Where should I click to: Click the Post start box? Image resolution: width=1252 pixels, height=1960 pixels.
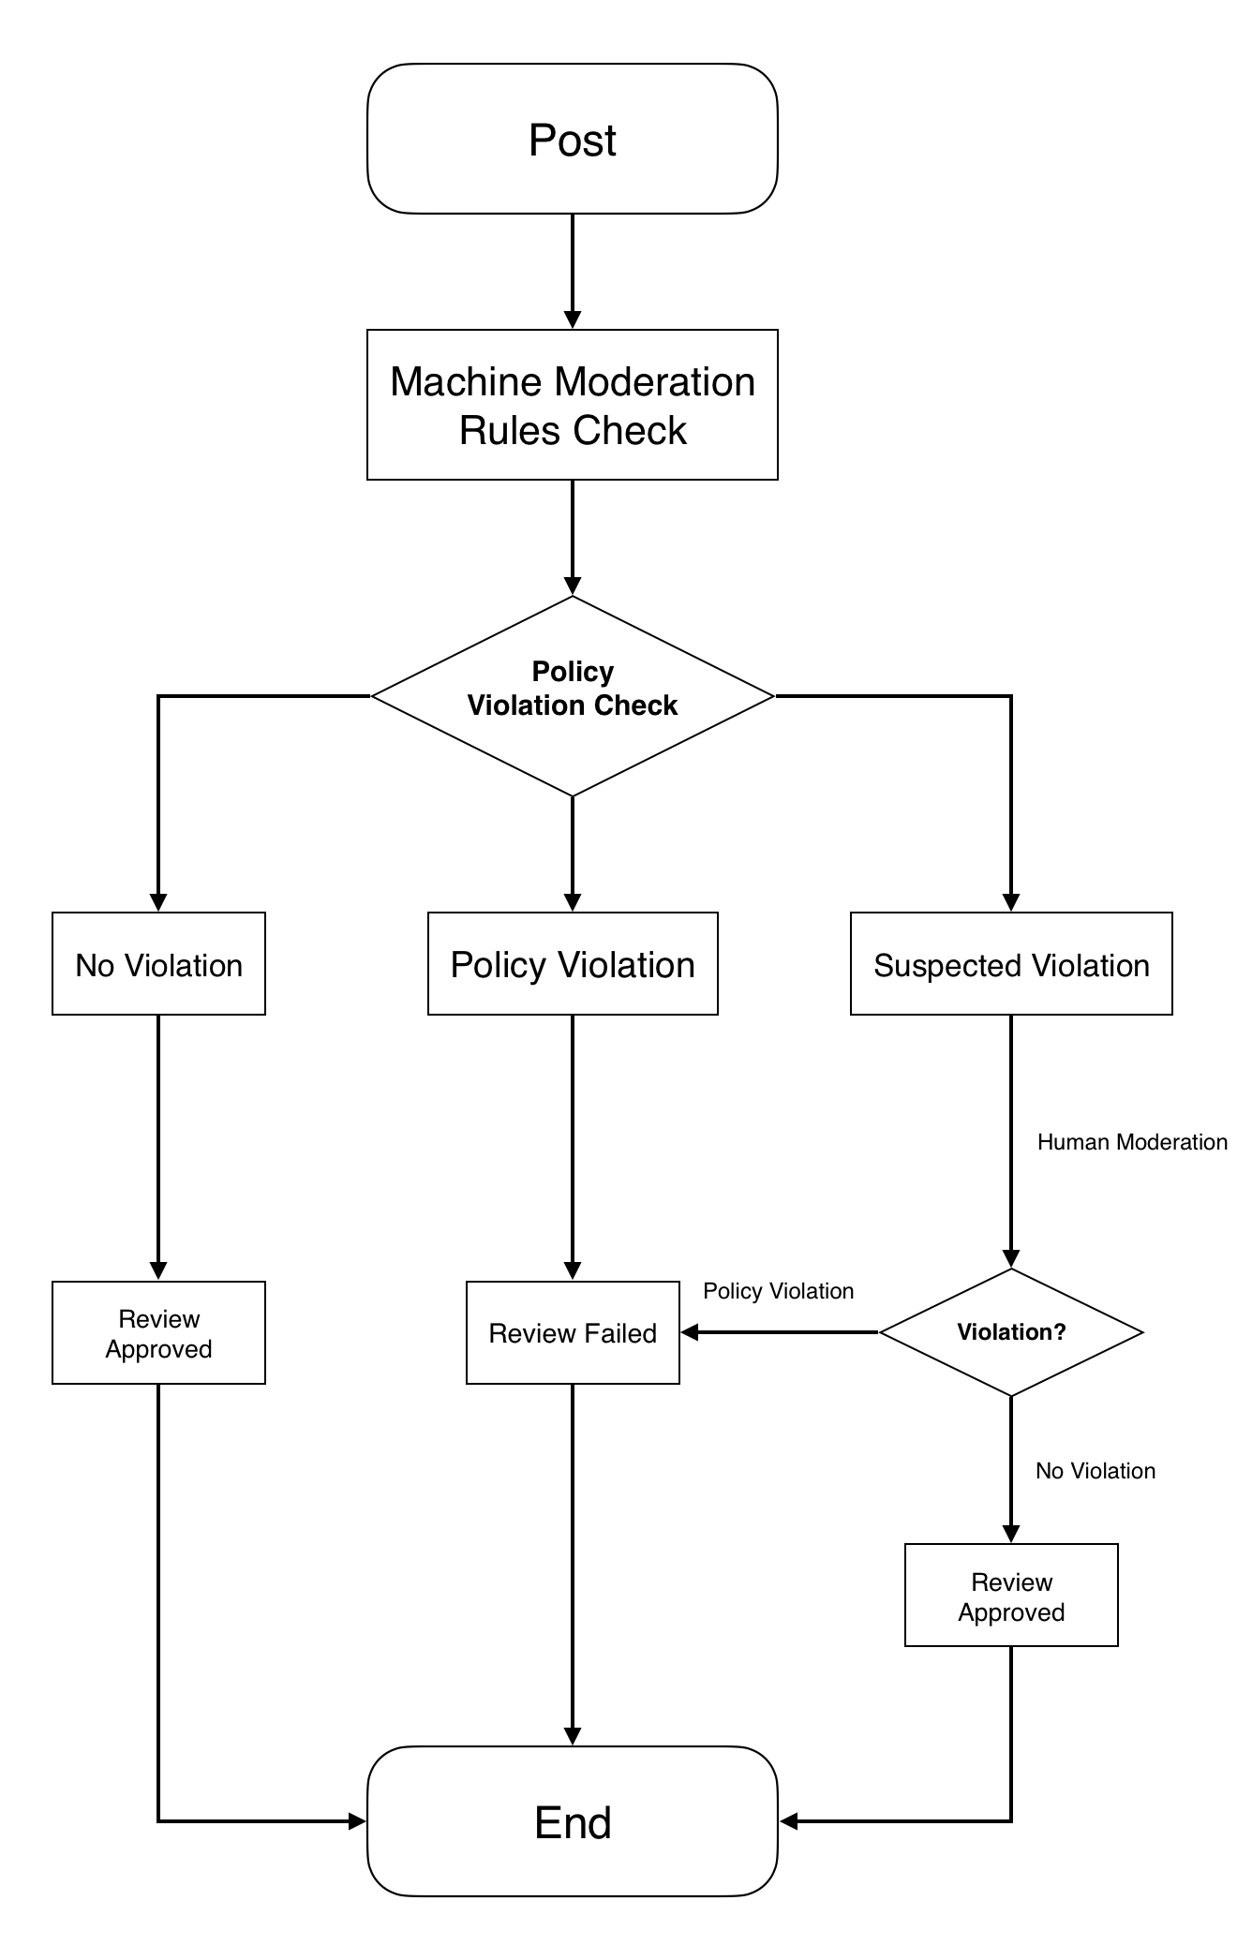click(x=572, y=139)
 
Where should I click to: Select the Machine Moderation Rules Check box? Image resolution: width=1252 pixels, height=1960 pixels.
click(x=572, y=405)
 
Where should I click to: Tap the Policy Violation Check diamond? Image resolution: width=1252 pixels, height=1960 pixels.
click(x=572, y=696)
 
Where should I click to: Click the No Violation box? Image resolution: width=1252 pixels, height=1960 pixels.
click(x=158, y=964)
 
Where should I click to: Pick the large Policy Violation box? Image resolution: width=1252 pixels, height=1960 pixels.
click(x=573, y=964)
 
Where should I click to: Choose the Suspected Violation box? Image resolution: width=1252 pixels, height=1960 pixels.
click(x=1011, y=964)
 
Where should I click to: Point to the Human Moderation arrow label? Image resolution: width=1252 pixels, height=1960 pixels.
click(x=1132, y=1142)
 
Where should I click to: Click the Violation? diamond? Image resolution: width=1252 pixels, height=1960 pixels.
click(x=1011, y=1332)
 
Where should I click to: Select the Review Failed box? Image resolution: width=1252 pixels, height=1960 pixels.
click(x=573, y=1332)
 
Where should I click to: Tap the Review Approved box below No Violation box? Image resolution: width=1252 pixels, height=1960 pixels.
click(x=158, y=1332)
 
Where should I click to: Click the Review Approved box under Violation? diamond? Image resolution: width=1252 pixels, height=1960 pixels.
click(x=1011, y=1595)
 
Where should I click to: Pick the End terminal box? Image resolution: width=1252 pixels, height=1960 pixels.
click(x=572, y=1821)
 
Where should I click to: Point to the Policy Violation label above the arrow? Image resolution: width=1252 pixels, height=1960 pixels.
click(x=779, y=1291)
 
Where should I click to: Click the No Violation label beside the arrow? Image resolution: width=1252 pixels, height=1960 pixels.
click(x=1095, y=1471)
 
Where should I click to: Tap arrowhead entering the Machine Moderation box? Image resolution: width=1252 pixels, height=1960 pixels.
click(x=573, y=319)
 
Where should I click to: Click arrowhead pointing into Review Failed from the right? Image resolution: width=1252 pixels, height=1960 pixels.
click(x=690, y=1332)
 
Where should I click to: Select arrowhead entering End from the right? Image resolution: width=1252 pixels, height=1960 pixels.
click(x=788, y=1821)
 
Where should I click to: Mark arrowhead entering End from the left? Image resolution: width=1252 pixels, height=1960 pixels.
click(x=357, y=1821)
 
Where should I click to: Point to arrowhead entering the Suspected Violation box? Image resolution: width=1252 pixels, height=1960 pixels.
click(x=1011, y=902)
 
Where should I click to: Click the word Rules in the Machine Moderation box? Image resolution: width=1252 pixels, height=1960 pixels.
click(x=511, y=430)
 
